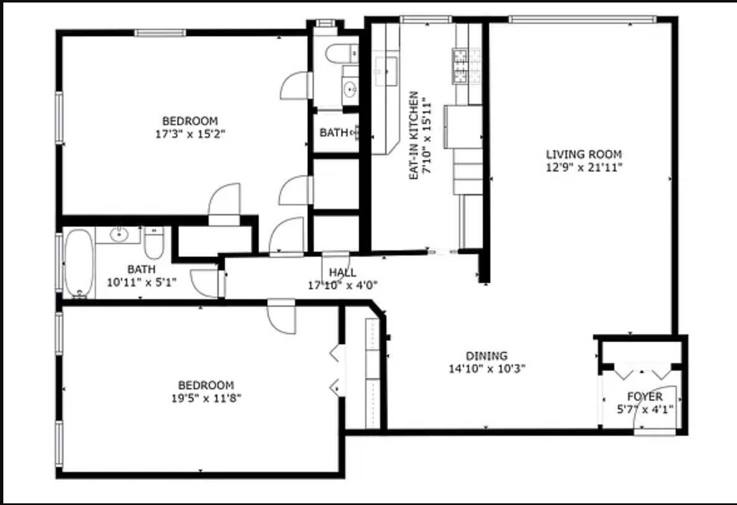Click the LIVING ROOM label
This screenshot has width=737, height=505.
tap(583, 154)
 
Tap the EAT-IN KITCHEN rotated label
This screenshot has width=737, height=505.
tap(414, 135)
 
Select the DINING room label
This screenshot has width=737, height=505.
tap(487, 356)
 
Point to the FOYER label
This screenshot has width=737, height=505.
tap(645, 396)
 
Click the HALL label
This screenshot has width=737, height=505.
tap(342, 273)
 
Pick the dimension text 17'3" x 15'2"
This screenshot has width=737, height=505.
tap(190, 134)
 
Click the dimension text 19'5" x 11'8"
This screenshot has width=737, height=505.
tap(206, 398)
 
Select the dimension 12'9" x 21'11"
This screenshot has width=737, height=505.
tap(584, 167)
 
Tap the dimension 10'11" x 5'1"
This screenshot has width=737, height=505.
tap(142, 283)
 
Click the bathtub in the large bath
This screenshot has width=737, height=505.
tap(79, 263)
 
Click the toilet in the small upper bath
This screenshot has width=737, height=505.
tap(341, 53)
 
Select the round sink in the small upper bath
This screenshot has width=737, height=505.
tap(350, 88)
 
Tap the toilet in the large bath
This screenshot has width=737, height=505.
tap(154, 242)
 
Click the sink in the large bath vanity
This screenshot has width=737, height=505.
tap(119, 235)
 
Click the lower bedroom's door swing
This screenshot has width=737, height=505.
tap(281, 317)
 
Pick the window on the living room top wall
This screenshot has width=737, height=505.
tap(582, 19)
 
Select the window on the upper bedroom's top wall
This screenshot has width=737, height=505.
tap(160, 33)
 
